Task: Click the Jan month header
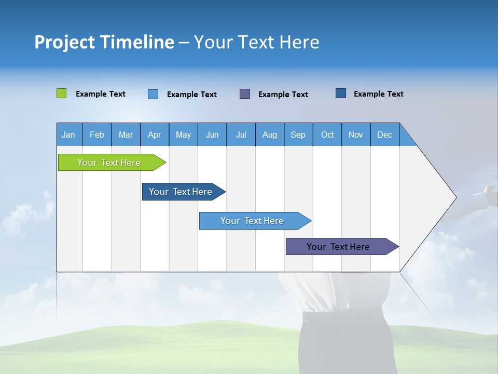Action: tap(68, 135)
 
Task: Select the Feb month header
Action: tap(97, 135)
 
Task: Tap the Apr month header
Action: tap(154, 135)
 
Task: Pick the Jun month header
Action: tap(212, 135)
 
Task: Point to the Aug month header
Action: tap(269, 135)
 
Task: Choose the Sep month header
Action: tap(298, 135)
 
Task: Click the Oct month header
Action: tap(327, 135)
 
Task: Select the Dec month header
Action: tap(384, 135)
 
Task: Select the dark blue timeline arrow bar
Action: tap(181, 192)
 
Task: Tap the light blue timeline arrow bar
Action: tap(253, 221)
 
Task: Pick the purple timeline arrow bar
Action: tap(339, 247)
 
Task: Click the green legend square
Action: tap(61, 94)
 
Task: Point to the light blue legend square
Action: tap(153, 94)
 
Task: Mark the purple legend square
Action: tap(245, 94)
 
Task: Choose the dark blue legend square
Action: tap(341, 94)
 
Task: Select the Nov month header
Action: tap(356, 135)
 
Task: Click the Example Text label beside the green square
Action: tap(101, 94)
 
